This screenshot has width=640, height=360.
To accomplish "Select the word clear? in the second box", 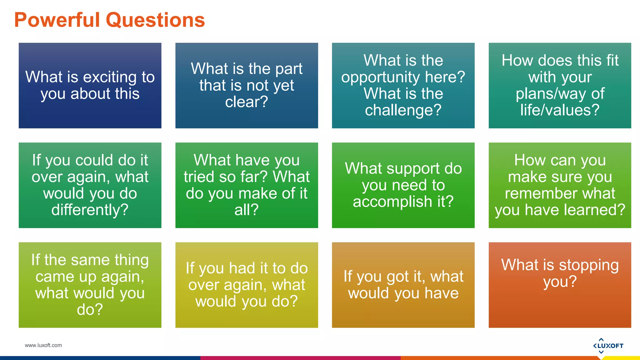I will click(247, 102).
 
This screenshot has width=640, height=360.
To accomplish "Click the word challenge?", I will click(403, 110).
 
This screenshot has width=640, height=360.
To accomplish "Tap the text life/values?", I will click(560, 110).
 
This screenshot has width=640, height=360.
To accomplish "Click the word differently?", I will click(90, 210).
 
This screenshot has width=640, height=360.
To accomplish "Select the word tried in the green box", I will click(199, 177).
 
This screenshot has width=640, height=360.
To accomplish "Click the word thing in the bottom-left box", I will click(131, 260).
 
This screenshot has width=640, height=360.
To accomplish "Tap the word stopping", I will click(588, 265).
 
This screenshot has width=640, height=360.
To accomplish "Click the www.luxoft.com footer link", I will click(43, 345).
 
